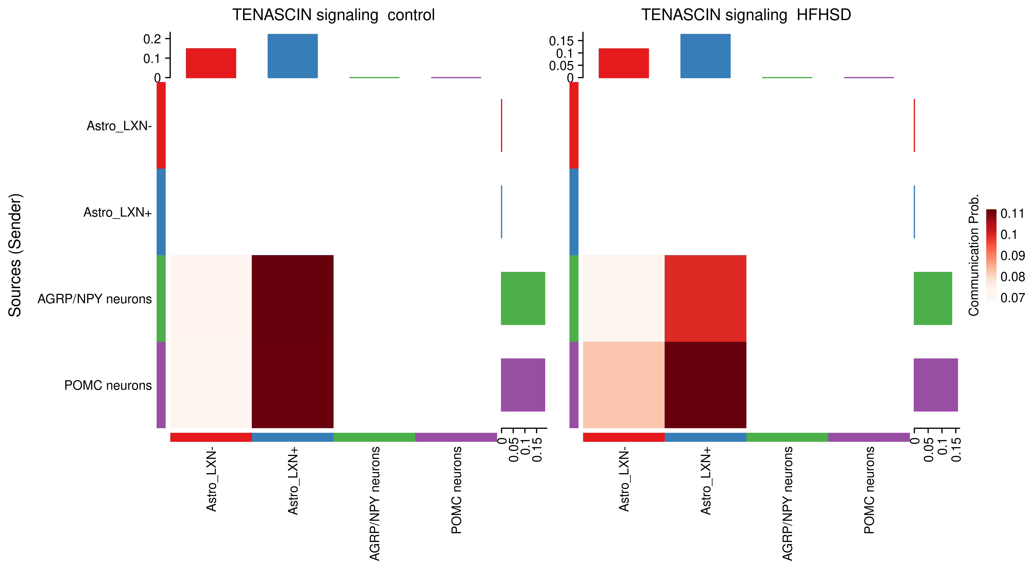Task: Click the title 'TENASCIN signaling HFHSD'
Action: (x=746, y=15)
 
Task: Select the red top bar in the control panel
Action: (x=211, y=63)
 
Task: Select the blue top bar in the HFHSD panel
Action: (x=705, y=56)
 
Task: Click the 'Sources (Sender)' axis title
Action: (x=15, y=255)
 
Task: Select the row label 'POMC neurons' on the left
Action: (x=108, y=385)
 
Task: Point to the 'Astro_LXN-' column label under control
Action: (x=212, y=480)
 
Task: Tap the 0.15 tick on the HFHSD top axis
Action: (x=561, y=41)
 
